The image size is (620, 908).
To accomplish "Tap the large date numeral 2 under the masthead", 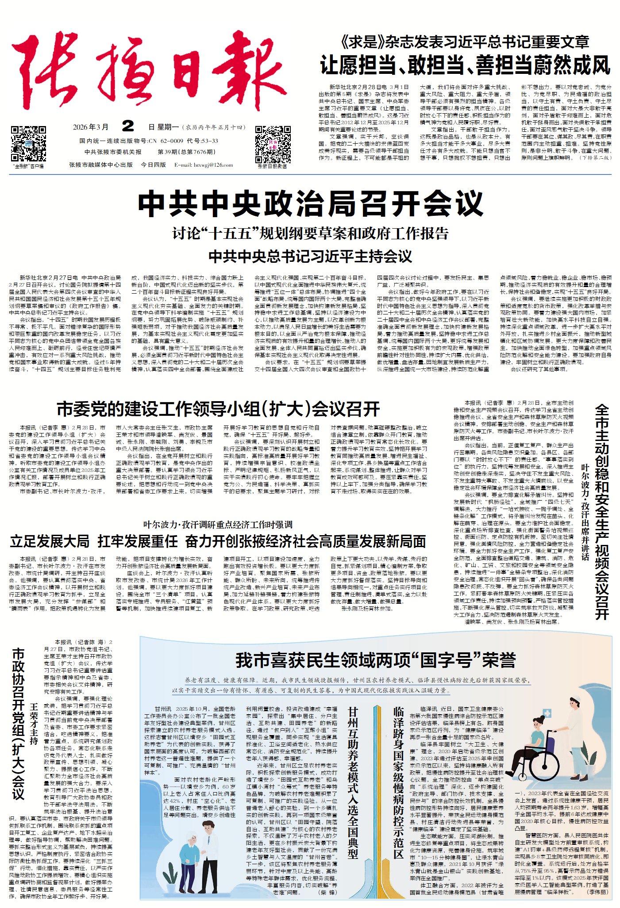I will click(x=128, y=126).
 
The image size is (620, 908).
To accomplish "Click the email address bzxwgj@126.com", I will click(x=204, y=165).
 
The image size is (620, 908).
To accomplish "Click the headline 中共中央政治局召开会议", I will click(x=310, y=204).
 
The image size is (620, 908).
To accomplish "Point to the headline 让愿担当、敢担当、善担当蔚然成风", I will click(x=465, y=65).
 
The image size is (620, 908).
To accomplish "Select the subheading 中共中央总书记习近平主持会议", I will click(x=310, y=256).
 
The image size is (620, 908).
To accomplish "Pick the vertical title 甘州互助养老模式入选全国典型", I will click(x=353, y=782).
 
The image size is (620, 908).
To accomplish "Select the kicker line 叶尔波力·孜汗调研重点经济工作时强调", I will click(x=218, y=525).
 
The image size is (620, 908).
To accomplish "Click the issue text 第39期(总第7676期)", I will click(x=186, y=152).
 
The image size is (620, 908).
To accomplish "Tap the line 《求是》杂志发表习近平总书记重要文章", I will click(x=465, y=42).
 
